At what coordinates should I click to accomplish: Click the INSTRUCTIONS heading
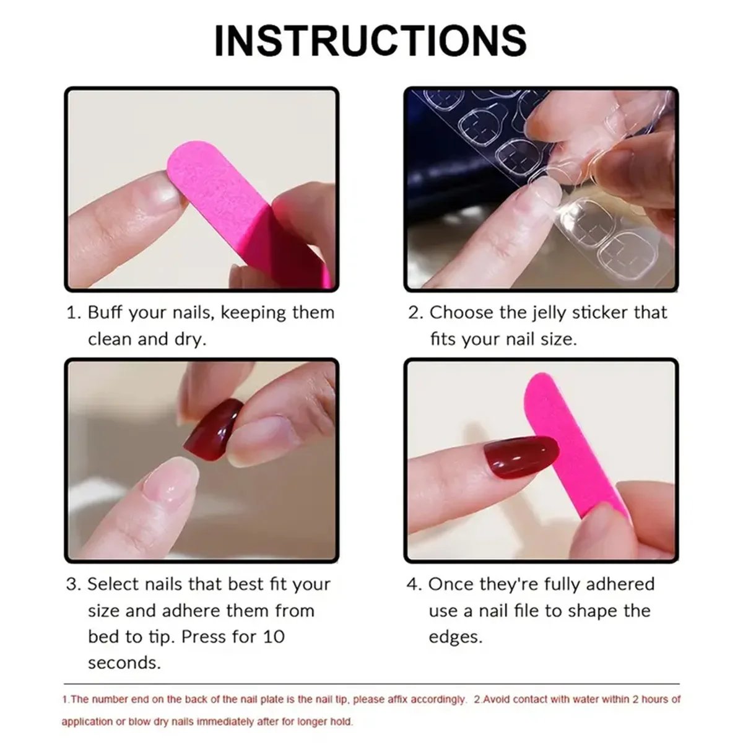coord(370,41)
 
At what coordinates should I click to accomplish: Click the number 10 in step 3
coord(272,637)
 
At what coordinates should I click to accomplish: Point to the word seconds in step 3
coord(124,663)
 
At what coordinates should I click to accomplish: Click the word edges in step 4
coord(454,637)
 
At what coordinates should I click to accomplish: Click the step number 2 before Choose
coord(414,313)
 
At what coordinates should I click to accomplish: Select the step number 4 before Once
coord(413,584)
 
